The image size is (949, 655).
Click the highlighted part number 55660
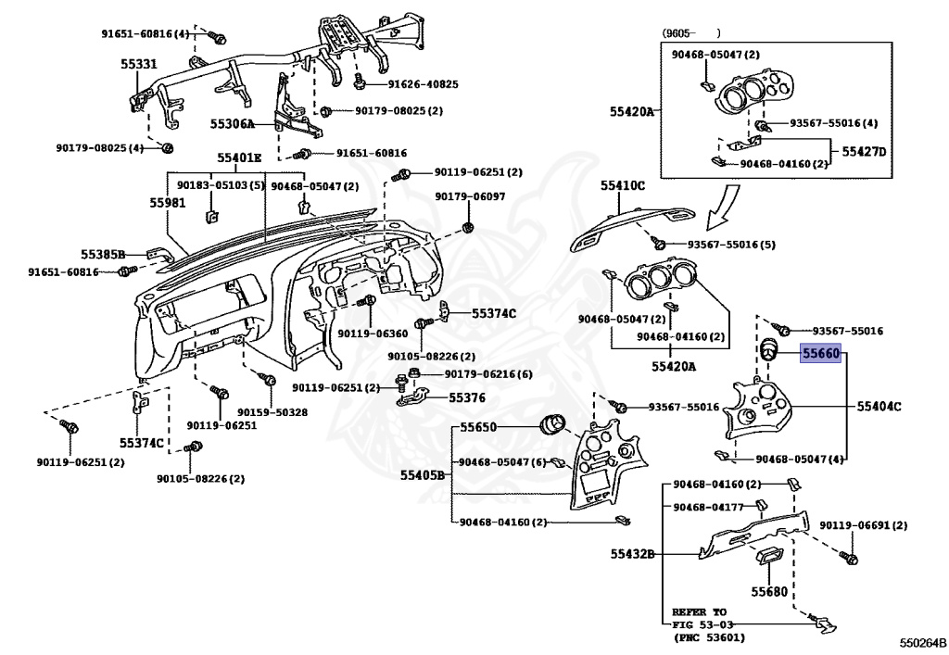(x=820, y=353)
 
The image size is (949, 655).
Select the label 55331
(x=138, y=66)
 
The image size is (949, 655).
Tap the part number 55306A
(x=232, y=123)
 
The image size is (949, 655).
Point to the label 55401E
(x=239, y=157)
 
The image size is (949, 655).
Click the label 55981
(x=168, y=201)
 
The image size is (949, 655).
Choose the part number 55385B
(x=102, y=253)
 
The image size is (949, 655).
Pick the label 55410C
(x=622, y=186)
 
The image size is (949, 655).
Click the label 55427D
(x=864, y=151)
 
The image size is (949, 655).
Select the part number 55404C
(x=879, y=406)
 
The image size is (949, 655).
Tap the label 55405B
(x=423, y=475)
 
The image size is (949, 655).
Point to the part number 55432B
(x=632, y=554)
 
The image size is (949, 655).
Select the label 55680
(x=769, y=591)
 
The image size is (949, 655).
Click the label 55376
(x=468, y=397)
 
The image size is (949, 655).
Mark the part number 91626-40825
(x=423, y=84)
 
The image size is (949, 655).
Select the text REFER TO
(x=701, y=612)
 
